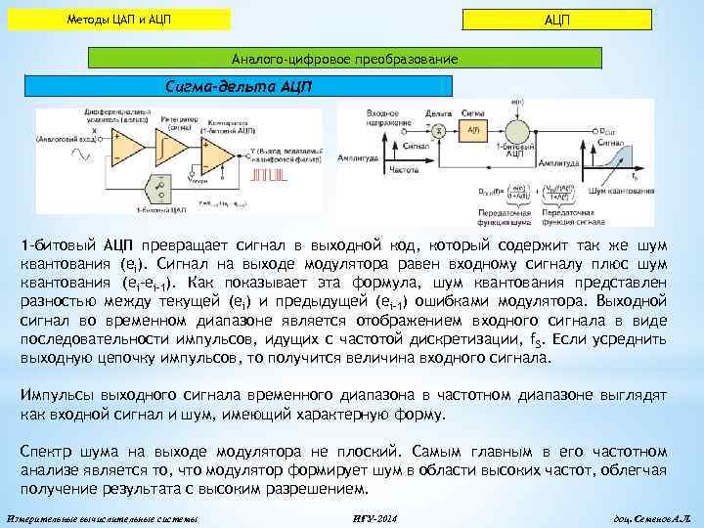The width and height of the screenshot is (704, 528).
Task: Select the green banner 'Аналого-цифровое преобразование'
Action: coord(273,60)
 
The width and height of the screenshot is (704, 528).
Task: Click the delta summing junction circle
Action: coord(439,129)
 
